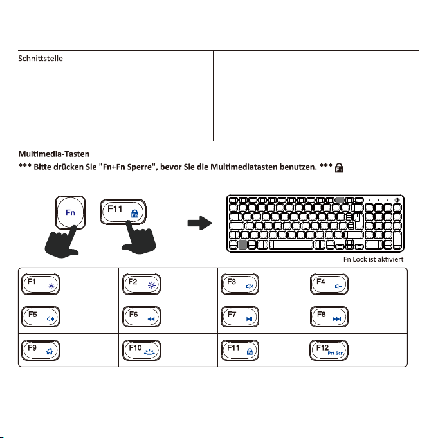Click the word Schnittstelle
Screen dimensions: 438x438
pos(41,59)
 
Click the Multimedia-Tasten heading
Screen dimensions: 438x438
pos(54,154)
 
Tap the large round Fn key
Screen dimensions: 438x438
pos(70,213)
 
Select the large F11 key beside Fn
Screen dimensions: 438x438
pos(123,212)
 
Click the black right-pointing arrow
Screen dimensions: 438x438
pos(200,223)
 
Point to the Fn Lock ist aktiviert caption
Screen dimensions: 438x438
pos(374,259)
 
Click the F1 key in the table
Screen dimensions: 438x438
pos(41,284)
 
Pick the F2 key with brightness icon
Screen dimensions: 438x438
pos(141,284)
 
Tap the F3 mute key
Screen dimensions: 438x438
pos(240,284)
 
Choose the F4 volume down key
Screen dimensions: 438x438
pos(329,284)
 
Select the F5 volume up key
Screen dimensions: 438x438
pos(41,317)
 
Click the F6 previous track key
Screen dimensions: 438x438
pos(141,317)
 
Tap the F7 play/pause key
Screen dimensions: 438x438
pos(240,317)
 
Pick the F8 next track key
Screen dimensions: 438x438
pos(329,317)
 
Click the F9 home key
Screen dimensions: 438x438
pos(41,351)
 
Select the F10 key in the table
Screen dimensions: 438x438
pos(141,351)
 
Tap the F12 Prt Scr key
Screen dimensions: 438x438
pos(329,351)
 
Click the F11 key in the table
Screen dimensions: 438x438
pos(240,351)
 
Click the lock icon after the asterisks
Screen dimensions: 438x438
pos(339,168)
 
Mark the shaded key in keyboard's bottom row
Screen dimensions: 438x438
pos(242,244)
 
